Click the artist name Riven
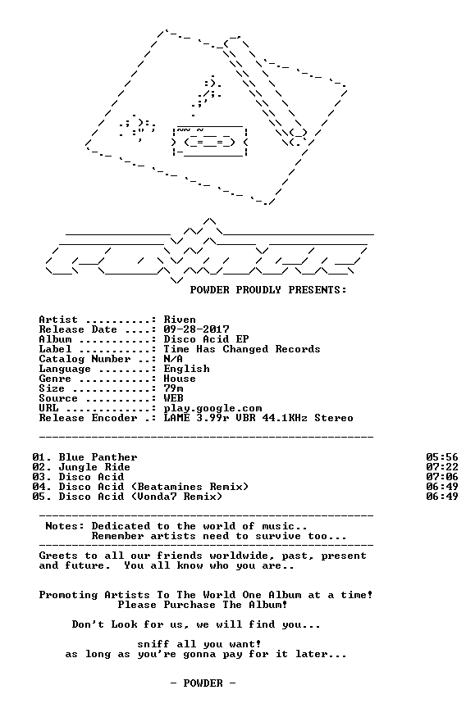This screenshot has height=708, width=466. point(180,320)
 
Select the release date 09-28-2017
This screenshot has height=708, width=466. point(196,329)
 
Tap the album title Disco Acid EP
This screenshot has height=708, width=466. point(206,339)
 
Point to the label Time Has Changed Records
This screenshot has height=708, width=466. point(242,349)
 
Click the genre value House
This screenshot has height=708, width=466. point(180,379)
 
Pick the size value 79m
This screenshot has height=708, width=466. point(173,388)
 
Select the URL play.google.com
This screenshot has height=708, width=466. point(212,409)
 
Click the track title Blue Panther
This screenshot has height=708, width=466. point(98,457)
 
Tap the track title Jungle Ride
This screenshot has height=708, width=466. point(94,467)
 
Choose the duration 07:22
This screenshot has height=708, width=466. point(441,467)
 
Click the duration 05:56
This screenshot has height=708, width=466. point(441,457)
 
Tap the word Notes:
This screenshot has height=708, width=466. point(65,526)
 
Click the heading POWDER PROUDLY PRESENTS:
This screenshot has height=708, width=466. point(268,290)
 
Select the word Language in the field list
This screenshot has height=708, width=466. point(65,369)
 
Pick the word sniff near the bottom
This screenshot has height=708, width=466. point(153,644)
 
